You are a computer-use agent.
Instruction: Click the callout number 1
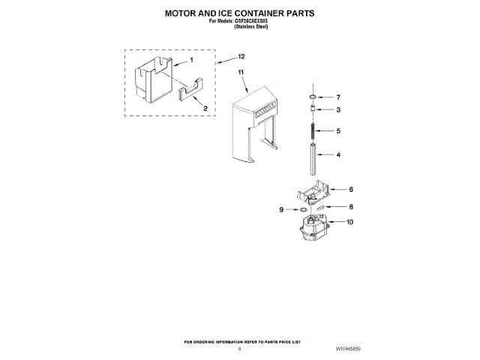click(191, 60)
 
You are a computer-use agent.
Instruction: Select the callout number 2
click(205, 108)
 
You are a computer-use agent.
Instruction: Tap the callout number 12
click(241, 57)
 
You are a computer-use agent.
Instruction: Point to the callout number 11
click(241, 73)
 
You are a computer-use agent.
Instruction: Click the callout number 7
click(338, 97)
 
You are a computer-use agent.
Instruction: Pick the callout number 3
click(338, 110)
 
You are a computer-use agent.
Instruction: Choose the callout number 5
click(338, 130)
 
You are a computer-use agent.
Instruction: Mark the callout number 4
click(338, 155)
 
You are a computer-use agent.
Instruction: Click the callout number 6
click(350, 190)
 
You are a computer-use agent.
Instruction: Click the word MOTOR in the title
click(184, 13)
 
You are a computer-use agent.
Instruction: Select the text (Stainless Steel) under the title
click(240, 27)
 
